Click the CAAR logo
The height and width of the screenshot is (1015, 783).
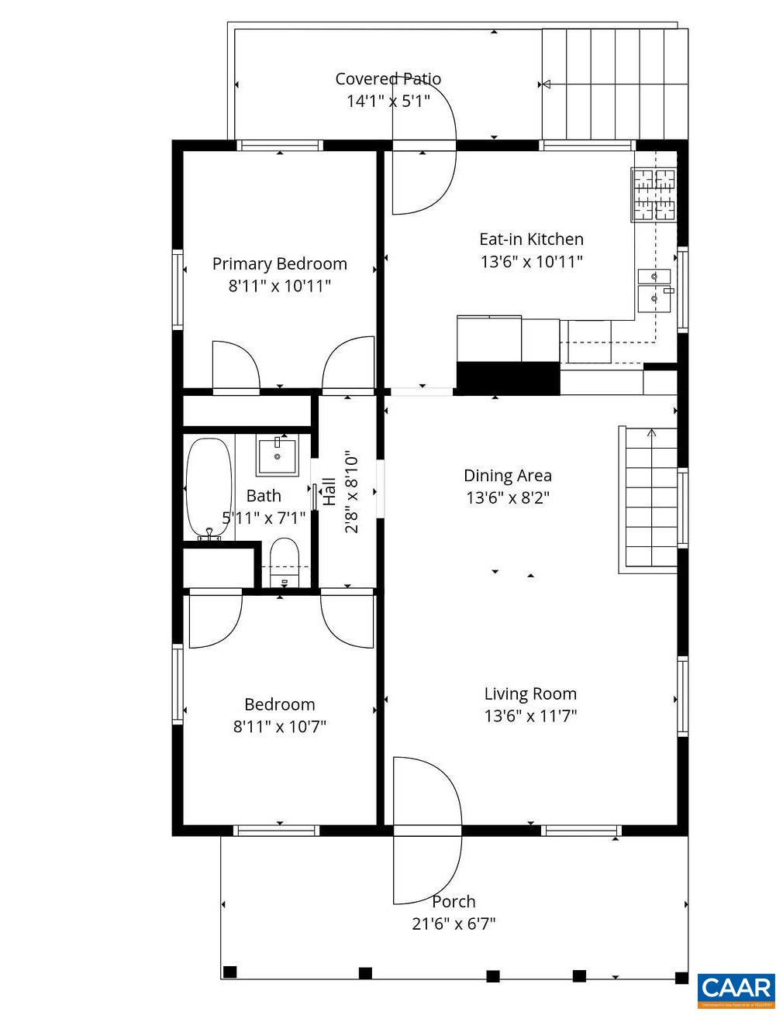(x=736, y=989)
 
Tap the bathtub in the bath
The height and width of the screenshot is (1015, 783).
(x=209, y=488)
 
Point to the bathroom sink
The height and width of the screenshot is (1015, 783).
(x=277, y=455)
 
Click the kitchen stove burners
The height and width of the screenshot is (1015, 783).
(x=655, y=194)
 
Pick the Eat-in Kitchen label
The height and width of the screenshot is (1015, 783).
(x=531, y=239)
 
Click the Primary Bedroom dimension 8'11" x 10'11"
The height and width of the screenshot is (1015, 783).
(x=279, y=286)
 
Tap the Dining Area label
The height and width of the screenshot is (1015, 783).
(x=508, y=476)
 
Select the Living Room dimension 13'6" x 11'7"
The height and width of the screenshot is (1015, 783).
(x=530, y=716)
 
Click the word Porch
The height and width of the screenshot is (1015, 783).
(x=454, y=901)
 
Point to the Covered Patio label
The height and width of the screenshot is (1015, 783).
(x=388, y=78)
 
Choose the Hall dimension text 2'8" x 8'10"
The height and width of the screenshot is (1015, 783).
(x=351, y=492)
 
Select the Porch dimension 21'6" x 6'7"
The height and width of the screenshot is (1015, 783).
(x=454, y=924)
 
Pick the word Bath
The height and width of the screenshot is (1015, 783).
(x=264, y=496)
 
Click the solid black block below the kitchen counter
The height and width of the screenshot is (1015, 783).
(x=508, y=378)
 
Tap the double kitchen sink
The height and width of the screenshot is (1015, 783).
(x=654, y=287)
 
